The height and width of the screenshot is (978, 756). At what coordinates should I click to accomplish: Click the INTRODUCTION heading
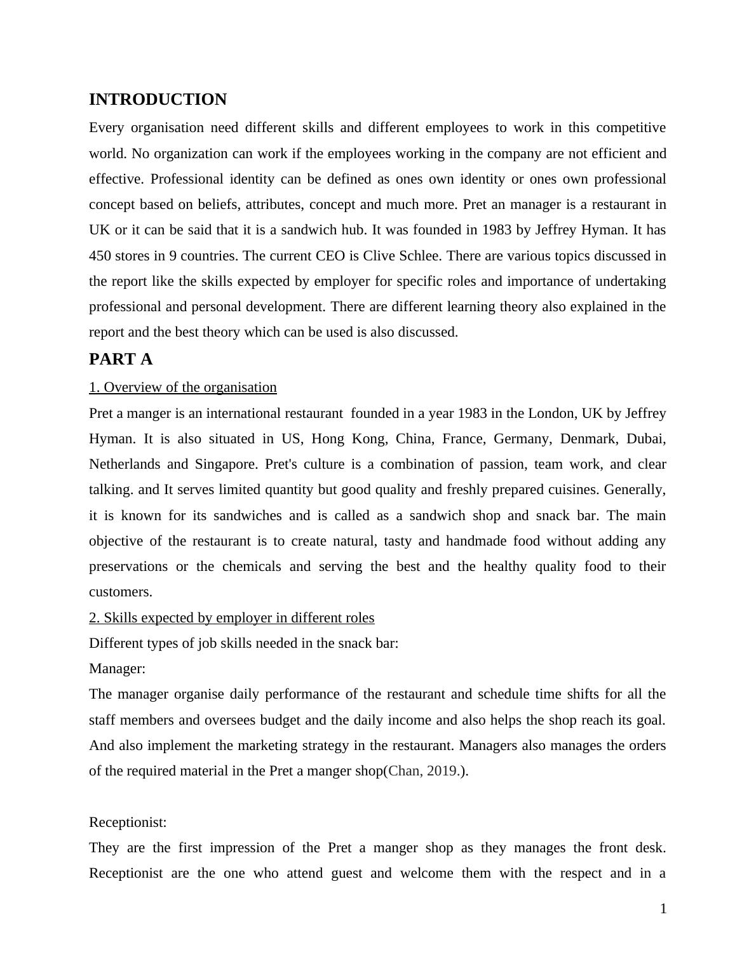pyautogui.click(x=158, y=100)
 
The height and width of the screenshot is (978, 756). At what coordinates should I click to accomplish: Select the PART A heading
pyautogui.click(x=121, y=359)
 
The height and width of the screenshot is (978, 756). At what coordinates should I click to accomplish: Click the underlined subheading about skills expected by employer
pyautogui.click(x=232, y=618)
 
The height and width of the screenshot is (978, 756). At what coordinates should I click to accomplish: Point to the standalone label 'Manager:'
pyautogui.click(x=117, y=669)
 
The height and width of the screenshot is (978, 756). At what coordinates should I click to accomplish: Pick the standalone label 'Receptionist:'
pyautogui.click(x=128, y=822)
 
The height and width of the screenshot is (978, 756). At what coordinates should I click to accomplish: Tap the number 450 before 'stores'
pyautogui.click(x=100, y=256)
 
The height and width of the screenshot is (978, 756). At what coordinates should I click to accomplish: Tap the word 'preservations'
pyautogui.click(x=128, y=566)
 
